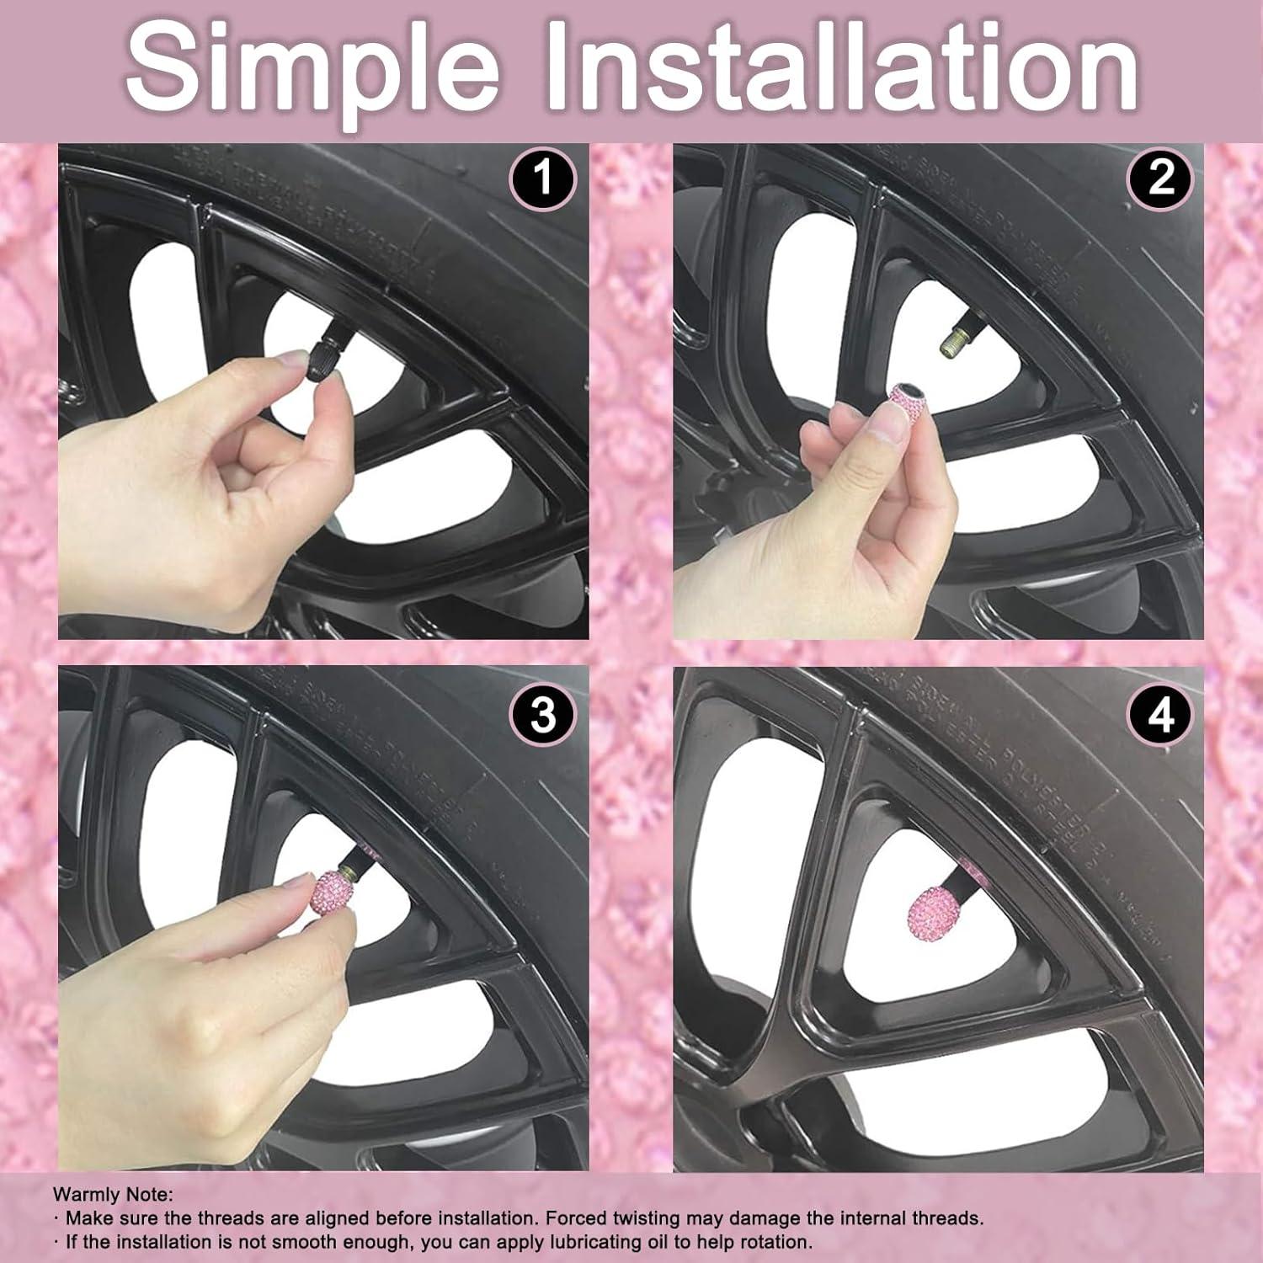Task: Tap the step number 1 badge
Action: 543,179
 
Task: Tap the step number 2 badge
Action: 1160,179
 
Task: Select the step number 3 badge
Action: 543,716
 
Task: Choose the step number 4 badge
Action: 1160,716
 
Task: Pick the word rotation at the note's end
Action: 776,1241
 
